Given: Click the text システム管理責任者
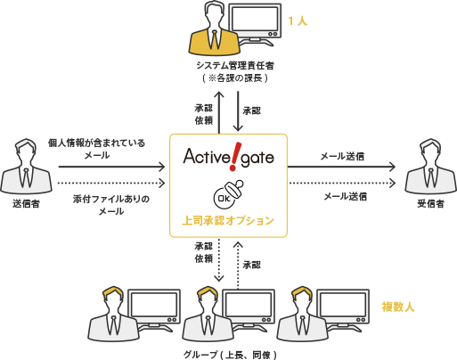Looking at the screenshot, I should pyautogui.click(x=235, y=65).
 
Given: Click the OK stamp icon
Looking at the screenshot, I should pyautogui.click(x=226, y=195).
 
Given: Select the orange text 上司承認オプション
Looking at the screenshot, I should pyautogui.click(x=228, y=219).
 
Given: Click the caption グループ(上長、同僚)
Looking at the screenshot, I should pyautogui.click(x=229, y=354).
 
